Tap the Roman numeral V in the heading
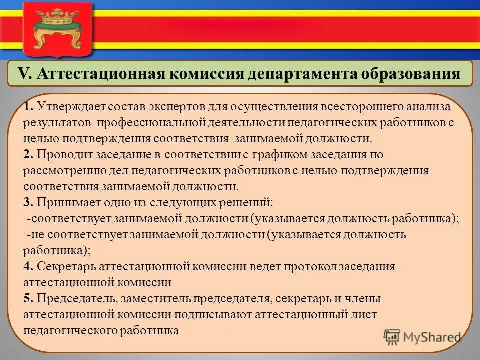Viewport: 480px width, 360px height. (24, 74)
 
